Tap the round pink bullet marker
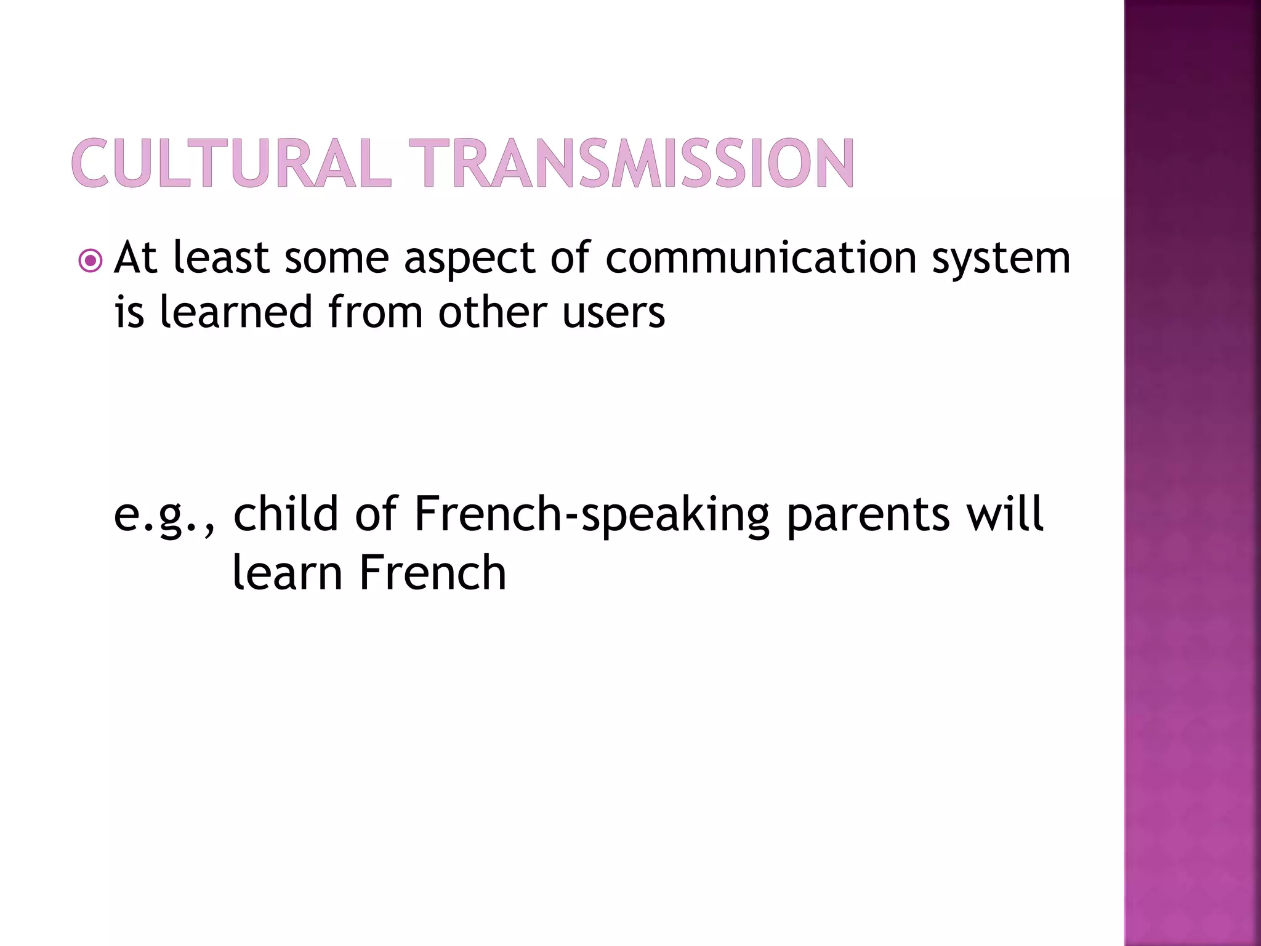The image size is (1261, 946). tap(91, 261)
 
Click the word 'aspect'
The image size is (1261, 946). tap(469, 259)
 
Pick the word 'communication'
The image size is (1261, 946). tap(761, 257)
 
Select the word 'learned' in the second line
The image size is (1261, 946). tap(236, 312)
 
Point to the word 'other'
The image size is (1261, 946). tap(493, 312)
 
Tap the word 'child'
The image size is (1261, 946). tap(286, 514)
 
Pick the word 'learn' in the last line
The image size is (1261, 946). tap(287, 573)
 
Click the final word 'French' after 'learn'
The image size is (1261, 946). tap(432, 573)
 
